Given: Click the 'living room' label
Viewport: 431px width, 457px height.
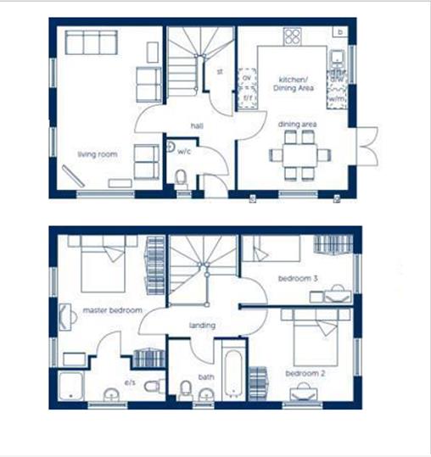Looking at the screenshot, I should pos(97,154).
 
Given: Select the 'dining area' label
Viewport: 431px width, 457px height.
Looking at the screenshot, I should pos(297,125).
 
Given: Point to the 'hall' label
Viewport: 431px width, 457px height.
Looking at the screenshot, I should pos(197,125).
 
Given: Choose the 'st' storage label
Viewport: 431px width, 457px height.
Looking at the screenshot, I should pos(220,72).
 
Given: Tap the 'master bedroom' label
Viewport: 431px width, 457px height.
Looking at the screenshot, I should pos(112,310).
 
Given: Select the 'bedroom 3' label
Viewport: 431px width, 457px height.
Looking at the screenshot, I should pos(298,278).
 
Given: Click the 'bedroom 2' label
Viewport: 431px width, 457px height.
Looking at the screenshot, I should pos(303,374).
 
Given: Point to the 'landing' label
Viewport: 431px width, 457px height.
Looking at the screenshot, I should pos(202,326).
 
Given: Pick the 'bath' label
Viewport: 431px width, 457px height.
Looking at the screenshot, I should pos(205,377).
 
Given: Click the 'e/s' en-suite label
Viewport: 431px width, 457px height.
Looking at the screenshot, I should pos(131,383).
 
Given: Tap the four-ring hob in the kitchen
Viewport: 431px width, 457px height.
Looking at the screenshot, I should pos(292,36).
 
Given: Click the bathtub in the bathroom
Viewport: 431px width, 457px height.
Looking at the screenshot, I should pos(233,370).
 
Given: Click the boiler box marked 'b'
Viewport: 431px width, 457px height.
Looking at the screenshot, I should pos(340,32).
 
